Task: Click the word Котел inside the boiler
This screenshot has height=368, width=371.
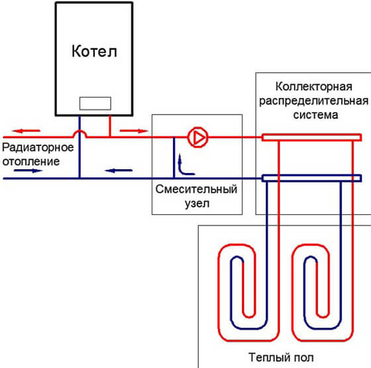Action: [x=94, y=51]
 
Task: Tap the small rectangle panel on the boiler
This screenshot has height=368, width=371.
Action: [x=95, y=103]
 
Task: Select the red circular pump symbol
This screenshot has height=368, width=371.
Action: [x=198, y=137]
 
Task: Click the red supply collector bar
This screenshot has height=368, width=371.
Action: [x=311, y=137]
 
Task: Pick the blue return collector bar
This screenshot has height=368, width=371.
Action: [x=311, y=178]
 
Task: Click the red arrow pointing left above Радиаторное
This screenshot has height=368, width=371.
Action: [x=26, y=131]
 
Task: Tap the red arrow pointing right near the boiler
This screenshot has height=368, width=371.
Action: [x=134, y=131]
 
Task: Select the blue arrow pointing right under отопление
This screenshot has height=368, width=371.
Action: [x=28, y=170]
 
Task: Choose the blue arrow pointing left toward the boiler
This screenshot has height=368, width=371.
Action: [x=119, y=170]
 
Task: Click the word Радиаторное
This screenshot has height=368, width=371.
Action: [x=38, y=147]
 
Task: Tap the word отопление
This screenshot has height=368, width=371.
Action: [x=31, y=162]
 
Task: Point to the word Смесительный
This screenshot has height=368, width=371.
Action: [x=196, y=189]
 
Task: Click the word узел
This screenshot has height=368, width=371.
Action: [x=197, y=204]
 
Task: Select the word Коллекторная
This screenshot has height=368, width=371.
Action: [x=314, y=87]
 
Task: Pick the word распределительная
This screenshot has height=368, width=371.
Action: [x=314, y=101]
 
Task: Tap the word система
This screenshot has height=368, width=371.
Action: [x=315, y=115]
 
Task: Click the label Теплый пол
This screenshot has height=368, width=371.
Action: [x=281, y=357]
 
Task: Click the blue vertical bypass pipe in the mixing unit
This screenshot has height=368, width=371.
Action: [x=174, y=158]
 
